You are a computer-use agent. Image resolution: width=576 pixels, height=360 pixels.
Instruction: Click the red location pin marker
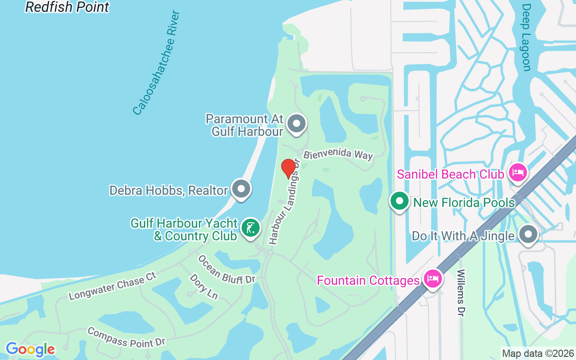point(288,168)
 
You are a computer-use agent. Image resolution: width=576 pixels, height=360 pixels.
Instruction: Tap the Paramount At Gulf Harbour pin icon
point(297,123)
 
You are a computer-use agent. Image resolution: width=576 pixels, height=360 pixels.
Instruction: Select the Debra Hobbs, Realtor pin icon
point(241,189)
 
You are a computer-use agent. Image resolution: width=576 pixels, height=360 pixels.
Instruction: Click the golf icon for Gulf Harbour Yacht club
point(250,228)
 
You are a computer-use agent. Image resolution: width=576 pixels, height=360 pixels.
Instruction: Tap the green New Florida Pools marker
point(399,201)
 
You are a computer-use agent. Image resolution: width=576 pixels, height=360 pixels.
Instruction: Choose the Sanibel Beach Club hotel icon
point(517,172)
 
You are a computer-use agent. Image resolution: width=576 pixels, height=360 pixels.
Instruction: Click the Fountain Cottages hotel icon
point(432,279)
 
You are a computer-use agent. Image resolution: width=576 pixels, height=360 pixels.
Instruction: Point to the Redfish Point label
point(67,7)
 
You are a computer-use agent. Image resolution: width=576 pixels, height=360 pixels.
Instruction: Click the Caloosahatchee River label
point(157,63)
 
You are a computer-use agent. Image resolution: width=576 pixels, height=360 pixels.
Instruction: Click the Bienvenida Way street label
point(338,154)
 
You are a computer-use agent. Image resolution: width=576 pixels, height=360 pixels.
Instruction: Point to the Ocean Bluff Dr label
point(226,270)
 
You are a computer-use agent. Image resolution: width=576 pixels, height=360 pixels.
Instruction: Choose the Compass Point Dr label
point(126,337)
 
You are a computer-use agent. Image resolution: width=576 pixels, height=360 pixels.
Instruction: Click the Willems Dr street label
point(460,292)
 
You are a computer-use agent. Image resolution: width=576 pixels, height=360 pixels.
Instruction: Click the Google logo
point(30,349)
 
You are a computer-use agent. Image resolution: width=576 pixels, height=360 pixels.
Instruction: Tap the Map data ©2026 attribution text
point(538,353)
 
